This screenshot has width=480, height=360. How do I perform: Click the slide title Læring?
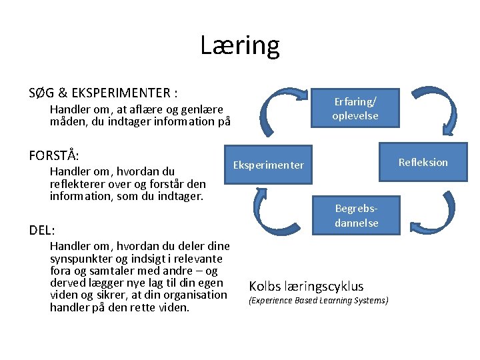click(240, 45)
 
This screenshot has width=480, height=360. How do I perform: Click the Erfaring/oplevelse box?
click(355, 108)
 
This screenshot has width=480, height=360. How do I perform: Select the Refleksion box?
click(423, 162)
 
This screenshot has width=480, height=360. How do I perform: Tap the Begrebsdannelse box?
click(356, 215)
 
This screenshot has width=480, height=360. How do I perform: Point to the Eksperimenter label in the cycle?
click(268, 165)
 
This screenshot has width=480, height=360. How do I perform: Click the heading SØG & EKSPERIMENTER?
click(103, 92)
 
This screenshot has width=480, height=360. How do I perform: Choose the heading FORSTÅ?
click(54, 155)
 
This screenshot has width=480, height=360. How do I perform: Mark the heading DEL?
click(42, 230)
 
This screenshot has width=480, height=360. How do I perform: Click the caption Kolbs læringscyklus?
click(306, 286)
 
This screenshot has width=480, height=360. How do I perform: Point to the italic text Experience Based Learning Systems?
click(318, 301)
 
